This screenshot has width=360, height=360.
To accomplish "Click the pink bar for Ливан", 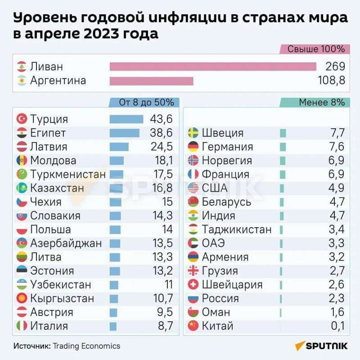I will click(x=213, y=67).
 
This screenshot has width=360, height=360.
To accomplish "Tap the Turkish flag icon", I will click(x=22, y=119).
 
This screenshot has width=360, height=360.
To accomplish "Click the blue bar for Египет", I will click(x=124, y=133).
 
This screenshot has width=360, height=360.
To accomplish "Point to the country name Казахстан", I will click(x=57, y=188).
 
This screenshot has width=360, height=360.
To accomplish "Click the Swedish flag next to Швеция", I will click(x=193, y=133).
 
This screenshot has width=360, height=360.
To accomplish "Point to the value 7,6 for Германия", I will click(x=337, y=147).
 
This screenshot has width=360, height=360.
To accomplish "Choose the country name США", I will click(x=215, y=188).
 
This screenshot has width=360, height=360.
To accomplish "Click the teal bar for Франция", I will click(x=283, y=174).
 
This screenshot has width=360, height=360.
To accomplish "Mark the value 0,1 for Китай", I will click(x=337, y=326).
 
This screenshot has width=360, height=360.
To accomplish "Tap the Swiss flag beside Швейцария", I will click(x=193, y=284).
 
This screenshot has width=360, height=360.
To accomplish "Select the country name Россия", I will click(x=220, y=298).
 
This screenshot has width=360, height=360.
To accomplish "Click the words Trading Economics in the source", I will click(x=86, y=346).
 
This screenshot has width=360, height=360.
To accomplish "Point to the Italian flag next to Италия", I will click(x=22, y=326).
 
